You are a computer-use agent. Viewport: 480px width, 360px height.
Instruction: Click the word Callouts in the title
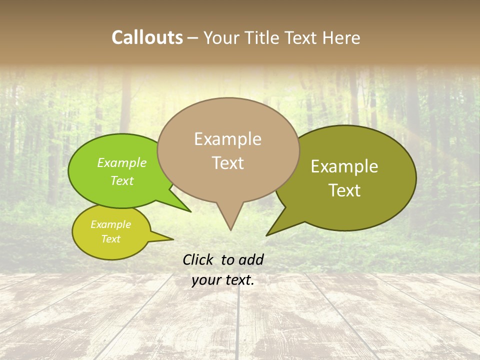click(x=147, y=37)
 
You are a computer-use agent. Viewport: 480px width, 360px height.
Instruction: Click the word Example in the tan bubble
click(x=227, y=139)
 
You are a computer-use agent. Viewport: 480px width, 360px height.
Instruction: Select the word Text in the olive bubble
click(x=344, y=190)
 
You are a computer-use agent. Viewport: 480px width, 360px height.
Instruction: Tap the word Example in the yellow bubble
click(x=110, y=224)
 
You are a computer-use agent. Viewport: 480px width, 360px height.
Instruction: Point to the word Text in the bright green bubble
click(x=122, y=180)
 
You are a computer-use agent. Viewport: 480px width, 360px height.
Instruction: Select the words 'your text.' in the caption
click(x=222, y=280)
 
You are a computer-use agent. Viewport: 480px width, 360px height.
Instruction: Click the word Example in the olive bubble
click(x=344, y=166)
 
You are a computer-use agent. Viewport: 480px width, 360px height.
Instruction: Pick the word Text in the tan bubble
click(x=228, y=163)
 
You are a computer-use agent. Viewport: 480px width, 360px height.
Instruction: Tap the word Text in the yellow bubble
click(x=110, y=239)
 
